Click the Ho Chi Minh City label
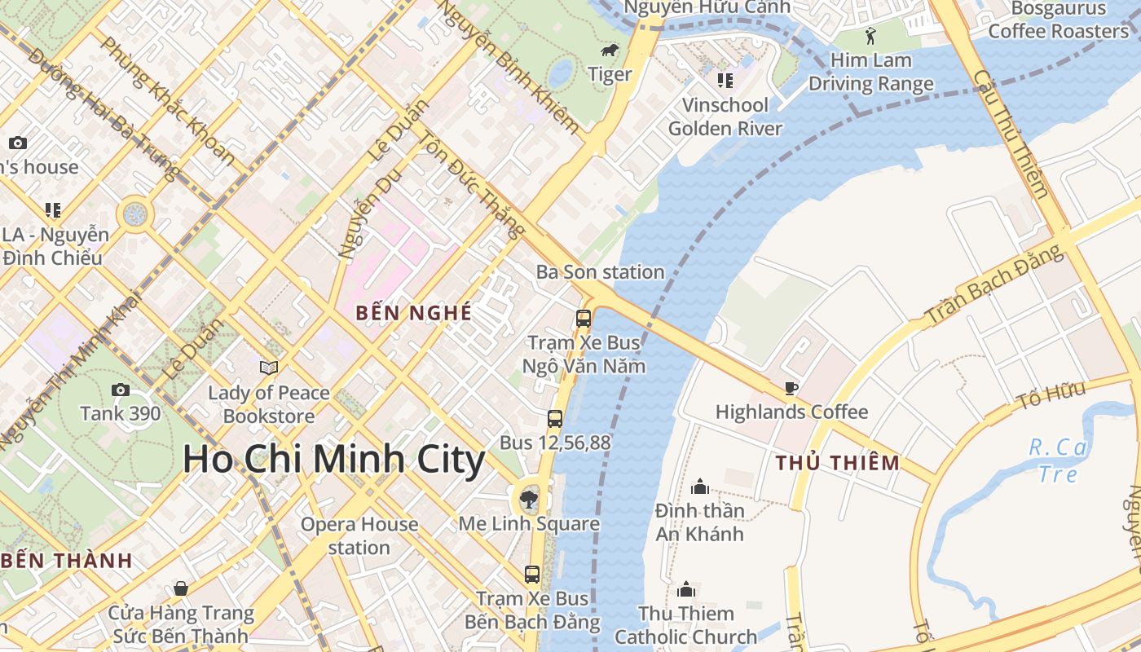pos(333,460)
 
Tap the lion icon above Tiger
pos(609,51)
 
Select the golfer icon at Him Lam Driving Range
pos(870,36)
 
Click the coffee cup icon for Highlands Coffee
pos(791,388)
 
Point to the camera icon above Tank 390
pos(121,390)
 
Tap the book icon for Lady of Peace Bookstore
pos(268,368)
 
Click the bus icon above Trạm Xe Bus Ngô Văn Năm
pos(584,319)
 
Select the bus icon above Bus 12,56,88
pos(555,419)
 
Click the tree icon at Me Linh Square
pos(529,498)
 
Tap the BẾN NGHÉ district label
pos(414,313)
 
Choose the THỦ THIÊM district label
pos(838,463)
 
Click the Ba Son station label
pos(600,272)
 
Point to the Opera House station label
pos(359,535)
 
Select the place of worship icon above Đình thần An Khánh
pos(700,487)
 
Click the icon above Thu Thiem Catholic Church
pos(686,589)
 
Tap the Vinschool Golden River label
pos(725,117)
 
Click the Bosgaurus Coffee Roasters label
pos(1058,20)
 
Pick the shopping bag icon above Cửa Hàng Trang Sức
pos(181,588)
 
